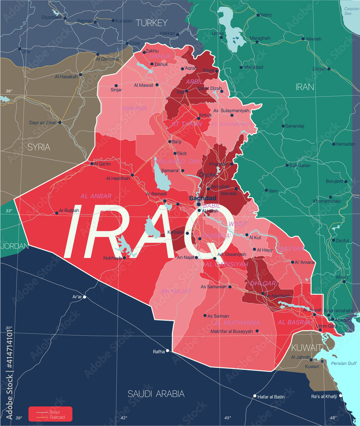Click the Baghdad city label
pyautogui.click(x=203, y=198)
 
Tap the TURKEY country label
pyautogui.click(x=151, y=23)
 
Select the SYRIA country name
pyautogui.click(x=39, y=147)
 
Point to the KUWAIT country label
pyautogui.click(x=306, y=347)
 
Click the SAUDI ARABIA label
pyautogui.click(x=156, y=394)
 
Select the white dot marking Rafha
pyautogui.click(x=168, y=351)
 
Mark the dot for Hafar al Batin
pyautogui.click(x=255, y=397)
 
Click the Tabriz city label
pyautogui.click(x=266, y=15)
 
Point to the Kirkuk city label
pyautogui.click(x=205, y=115)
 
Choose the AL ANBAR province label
pyautogui.click(x=96, y=196)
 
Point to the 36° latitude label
pyautogui.click(x=9, y=91)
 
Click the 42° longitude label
pyautogui.click(x=124, y=418)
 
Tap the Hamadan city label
pyautogui.click(x=345, y=144)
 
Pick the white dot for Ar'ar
pyautogui.click(x=84, y=297)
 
